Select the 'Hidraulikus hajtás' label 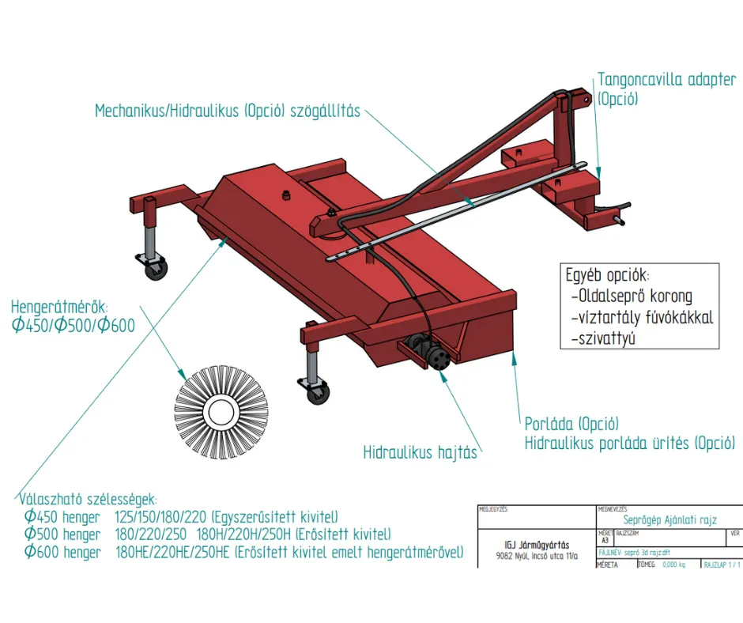coord(420,453)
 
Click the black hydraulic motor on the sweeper coord(432,353)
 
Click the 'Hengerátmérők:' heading coord(60,306)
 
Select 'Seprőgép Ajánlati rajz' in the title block coord(669,519)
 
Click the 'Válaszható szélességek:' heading coord(88,499)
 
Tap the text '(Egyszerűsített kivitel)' coord(276,517)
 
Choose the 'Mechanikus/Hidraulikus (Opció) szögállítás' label coord(228,111)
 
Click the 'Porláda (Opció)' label coord(571,425)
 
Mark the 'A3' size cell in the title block coord(605,541)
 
